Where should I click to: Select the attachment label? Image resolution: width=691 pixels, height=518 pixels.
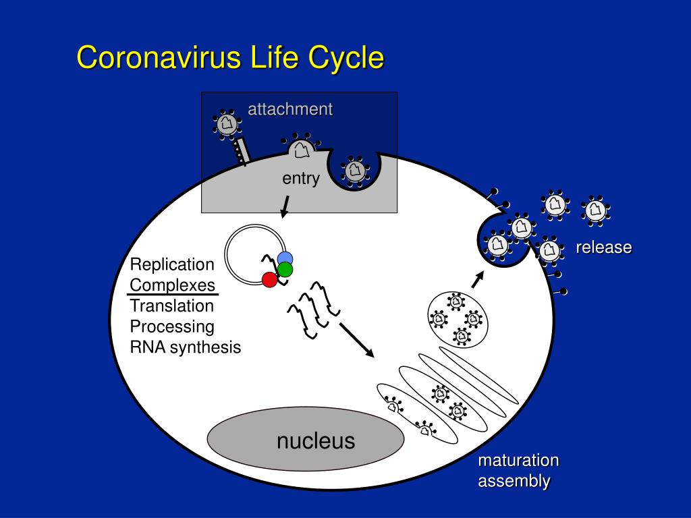coord(290,109)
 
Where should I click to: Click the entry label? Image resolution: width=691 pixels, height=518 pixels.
coord(301,179)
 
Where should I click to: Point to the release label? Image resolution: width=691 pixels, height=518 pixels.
coord(604,247)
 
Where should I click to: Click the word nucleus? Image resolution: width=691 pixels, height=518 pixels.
coord(316,441)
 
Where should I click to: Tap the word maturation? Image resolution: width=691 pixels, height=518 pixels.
coord(518,460)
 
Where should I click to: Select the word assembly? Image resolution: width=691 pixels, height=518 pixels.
coord(514,481)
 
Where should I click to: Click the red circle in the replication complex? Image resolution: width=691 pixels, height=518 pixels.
coord(270,280)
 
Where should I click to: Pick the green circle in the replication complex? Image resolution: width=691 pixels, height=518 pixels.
coord(285,269)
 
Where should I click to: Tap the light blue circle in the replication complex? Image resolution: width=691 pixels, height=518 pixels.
coord(285,258)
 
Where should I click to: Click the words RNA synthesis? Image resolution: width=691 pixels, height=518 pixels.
coord(185,347)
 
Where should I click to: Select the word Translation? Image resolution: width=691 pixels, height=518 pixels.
coord(172,306)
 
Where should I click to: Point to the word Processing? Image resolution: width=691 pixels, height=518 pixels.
coord(172,327)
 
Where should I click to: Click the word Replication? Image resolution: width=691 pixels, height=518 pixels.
coord(172,264)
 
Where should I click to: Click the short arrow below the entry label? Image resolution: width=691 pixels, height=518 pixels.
coord(285,206)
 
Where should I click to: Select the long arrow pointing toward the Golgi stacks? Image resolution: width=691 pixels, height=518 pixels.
coord(356,341)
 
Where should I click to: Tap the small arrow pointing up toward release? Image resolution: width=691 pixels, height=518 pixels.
coord(478,279)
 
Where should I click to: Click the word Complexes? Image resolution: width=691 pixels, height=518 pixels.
coord(172,285)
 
